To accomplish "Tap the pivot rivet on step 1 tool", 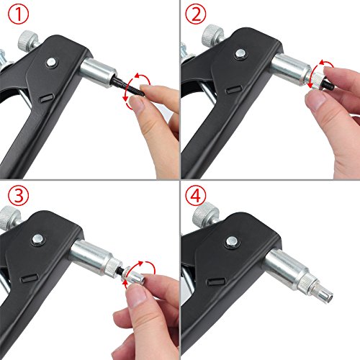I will point(51,64).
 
